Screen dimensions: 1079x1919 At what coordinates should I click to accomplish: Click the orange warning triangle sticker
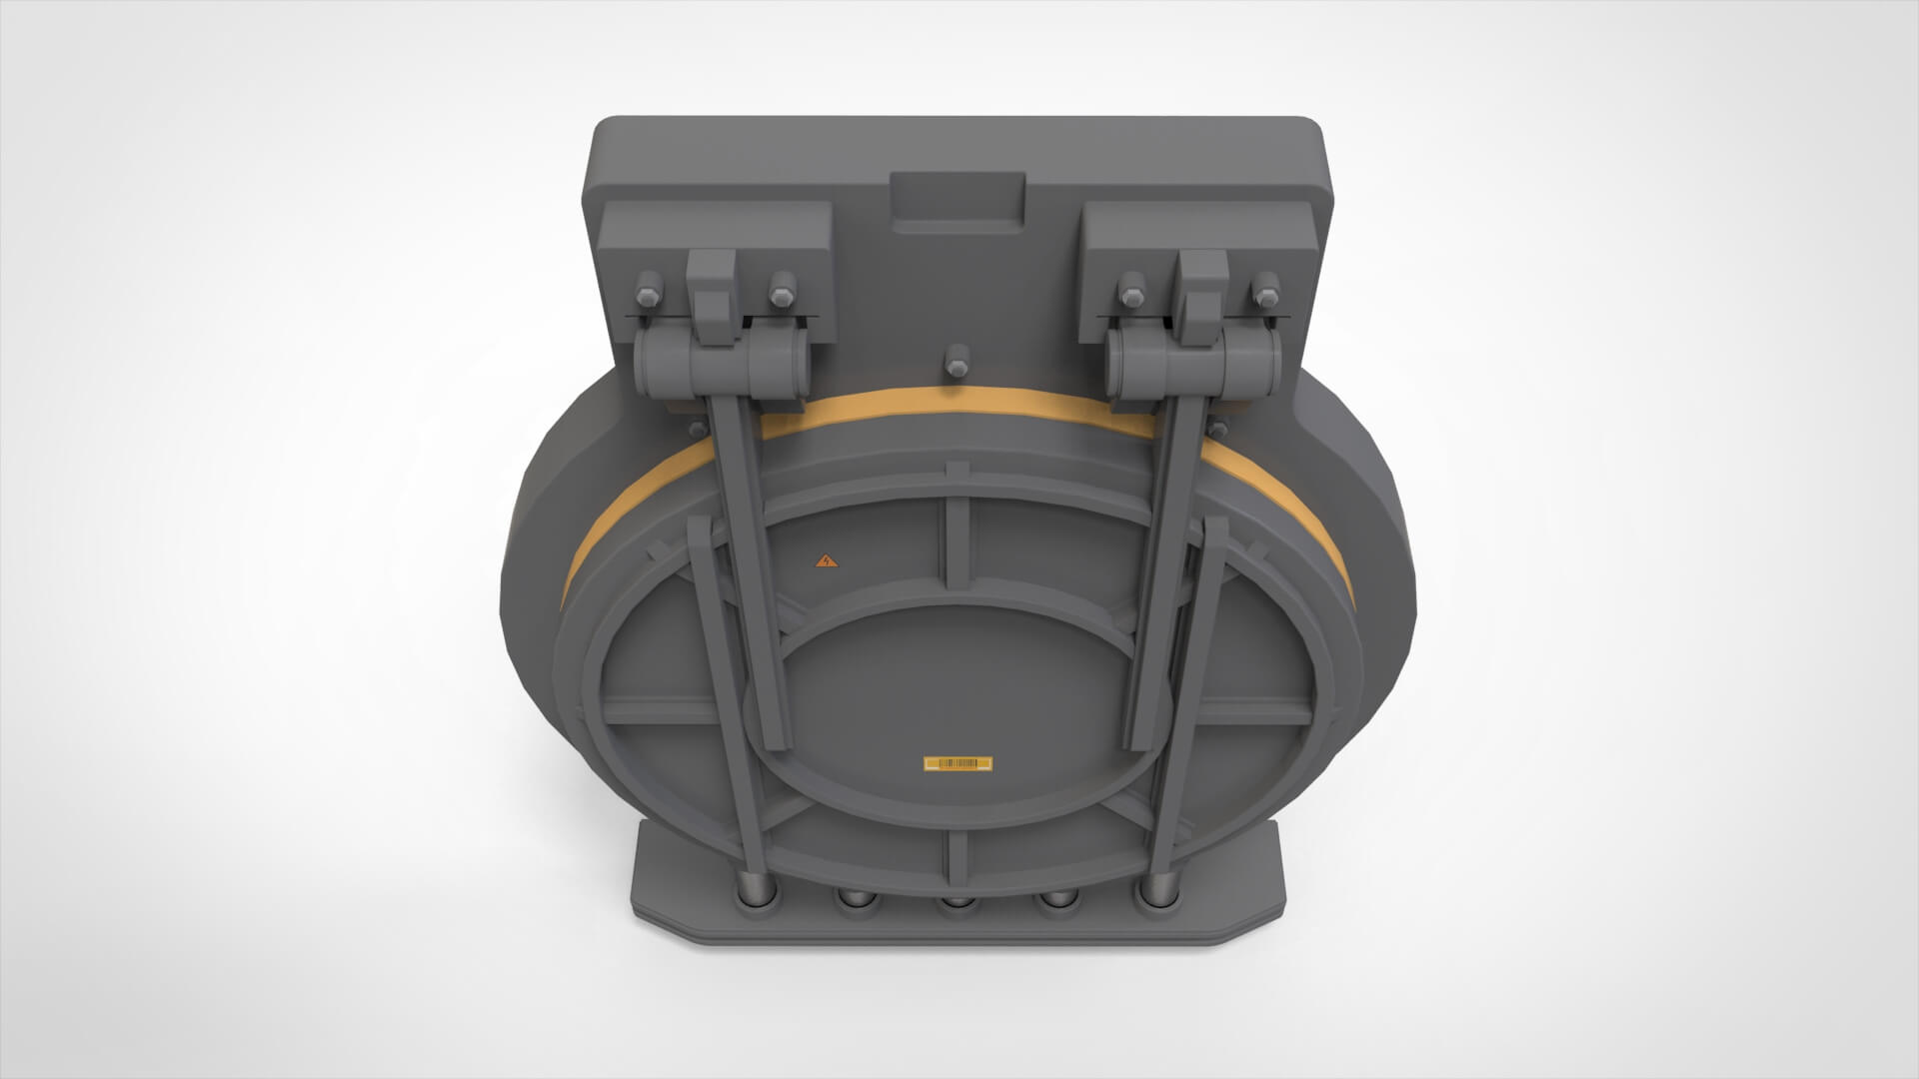coord(825,561)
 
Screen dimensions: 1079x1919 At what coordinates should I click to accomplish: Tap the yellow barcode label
coord(959,764)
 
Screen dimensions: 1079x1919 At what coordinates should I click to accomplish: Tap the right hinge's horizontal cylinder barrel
coord(1194,362)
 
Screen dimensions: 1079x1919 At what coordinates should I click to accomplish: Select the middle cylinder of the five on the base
coord(958,904)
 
